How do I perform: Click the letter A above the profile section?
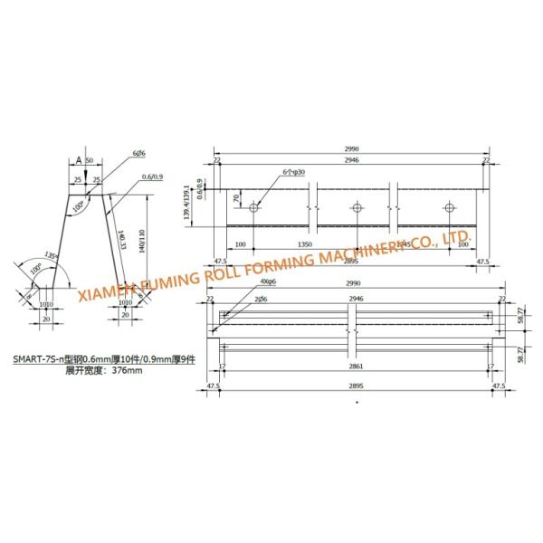[79, 159]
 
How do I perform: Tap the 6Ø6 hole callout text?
[138, 154]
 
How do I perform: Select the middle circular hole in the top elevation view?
[357, 207]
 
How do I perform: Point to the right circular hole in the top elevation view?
[450, 207]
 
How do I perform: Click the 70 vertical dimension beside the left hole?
[237, 197]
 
